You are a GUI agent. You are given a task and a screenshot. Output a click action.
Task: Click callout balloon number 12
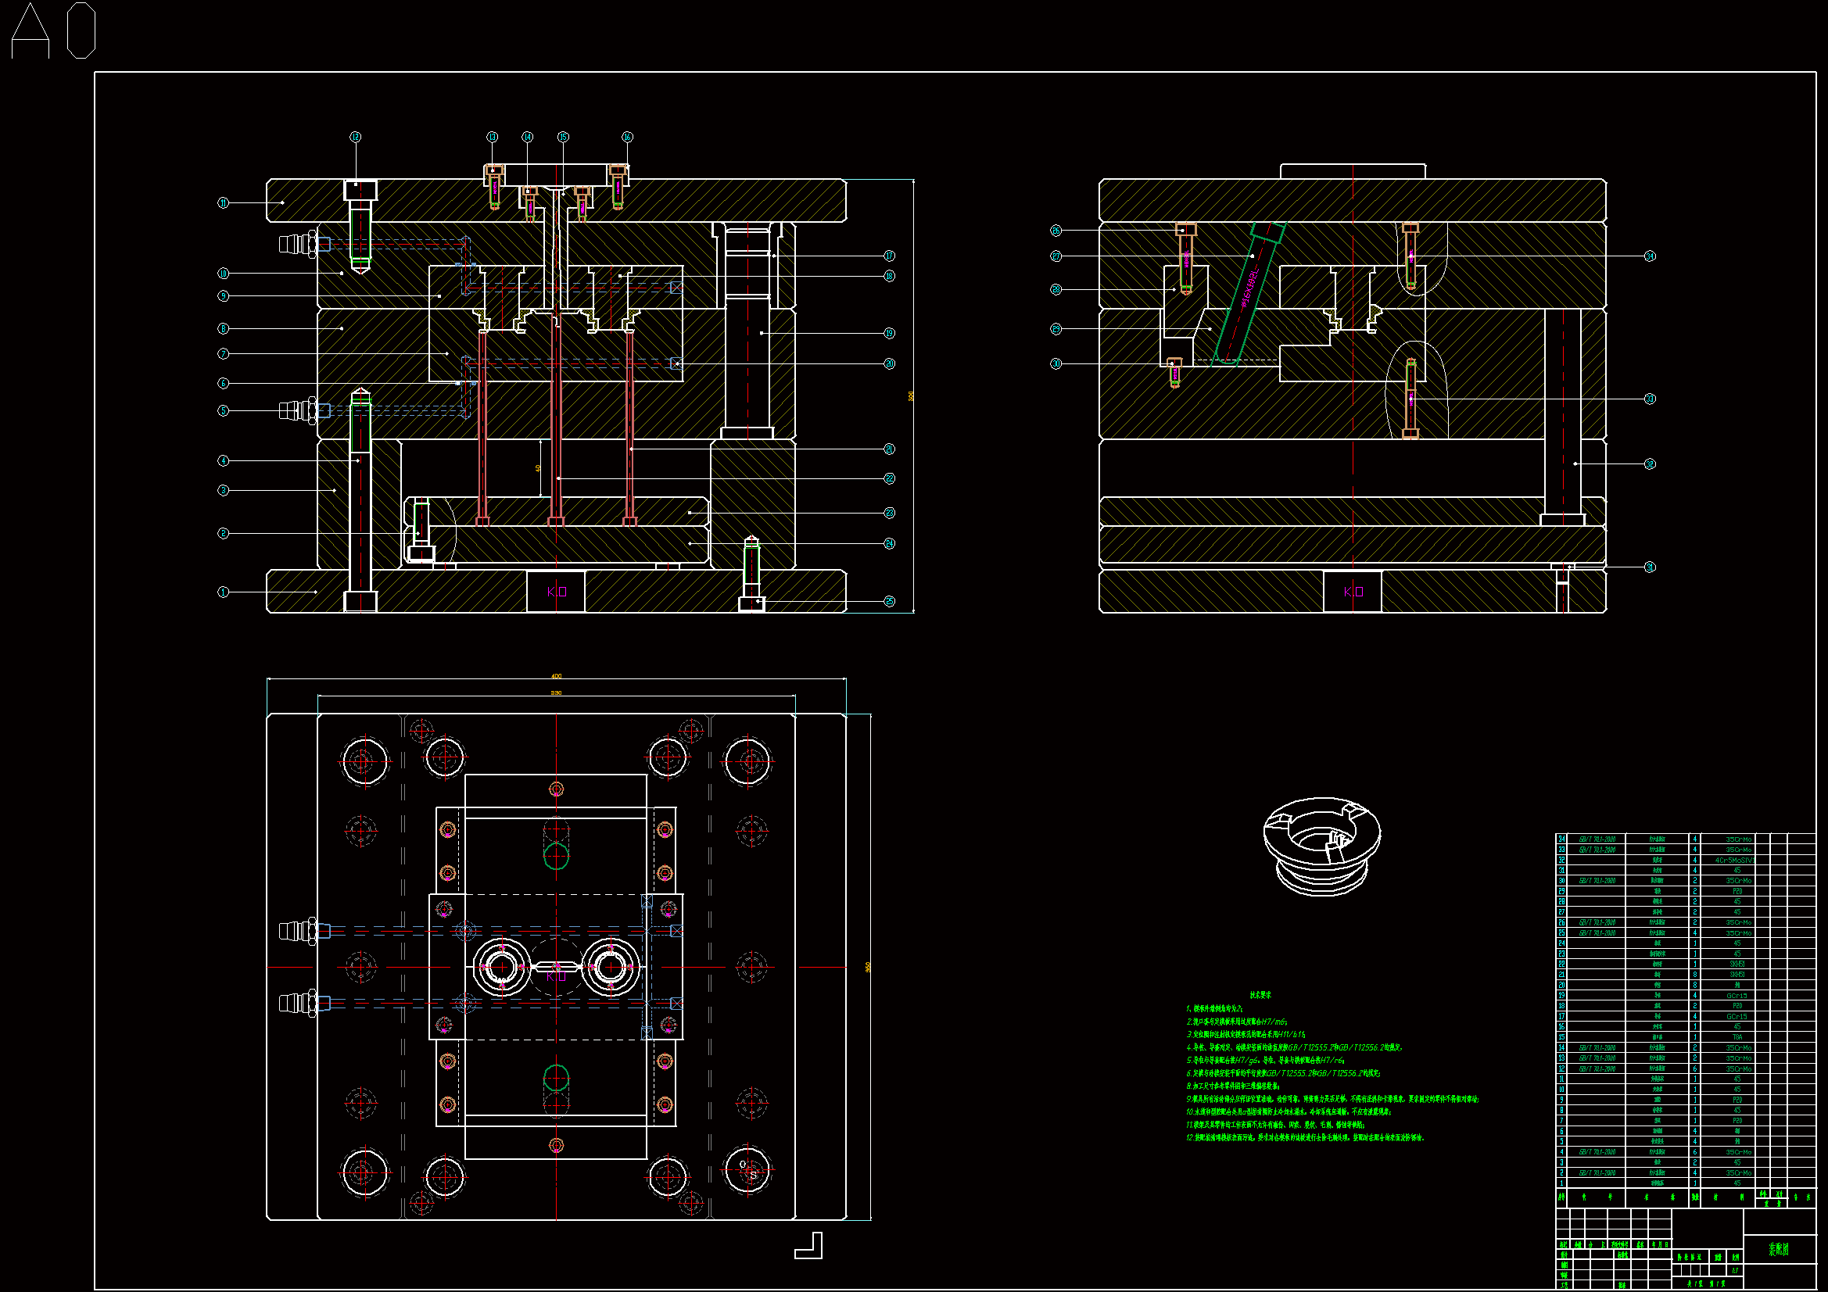356,137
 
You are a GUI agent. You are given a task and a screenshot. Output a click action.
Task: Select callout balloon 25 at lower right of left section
889,601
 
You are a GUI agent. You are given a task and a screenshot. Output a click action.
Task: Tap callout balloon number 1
224,592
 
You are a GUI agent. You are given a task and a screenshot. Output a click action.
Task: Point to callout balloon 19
889,333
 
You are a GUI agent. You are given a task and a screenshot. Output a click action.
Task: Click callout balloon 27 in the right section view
1056,256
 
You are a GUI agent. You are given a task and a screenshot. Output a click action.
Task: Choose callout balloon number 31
1650,567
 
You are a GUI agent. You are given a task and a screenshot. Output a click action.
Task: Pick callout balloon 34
1650,256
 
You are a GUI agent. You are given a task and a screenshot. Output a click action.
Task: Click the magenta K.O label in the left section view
557,592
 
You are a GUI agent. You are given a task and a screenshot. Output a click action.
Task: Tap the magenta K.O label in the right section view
1353,592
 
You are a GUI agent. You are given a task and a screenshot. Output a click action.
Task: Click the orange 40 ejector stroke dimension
539,468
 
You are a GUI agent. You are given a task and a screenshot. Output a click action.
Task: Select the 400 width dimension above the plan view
556,676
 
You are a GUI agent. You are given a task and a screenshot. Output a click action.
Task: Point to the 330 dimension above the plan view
556,693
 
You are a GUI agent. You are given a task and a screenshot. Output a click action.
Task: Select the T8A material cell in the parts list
1737,1037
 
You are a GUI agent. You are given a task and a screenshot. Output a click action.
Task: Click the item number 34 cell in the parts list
1561,839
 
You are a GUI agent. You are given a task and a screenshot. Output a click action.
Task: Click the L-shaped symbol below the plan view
809,1246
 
